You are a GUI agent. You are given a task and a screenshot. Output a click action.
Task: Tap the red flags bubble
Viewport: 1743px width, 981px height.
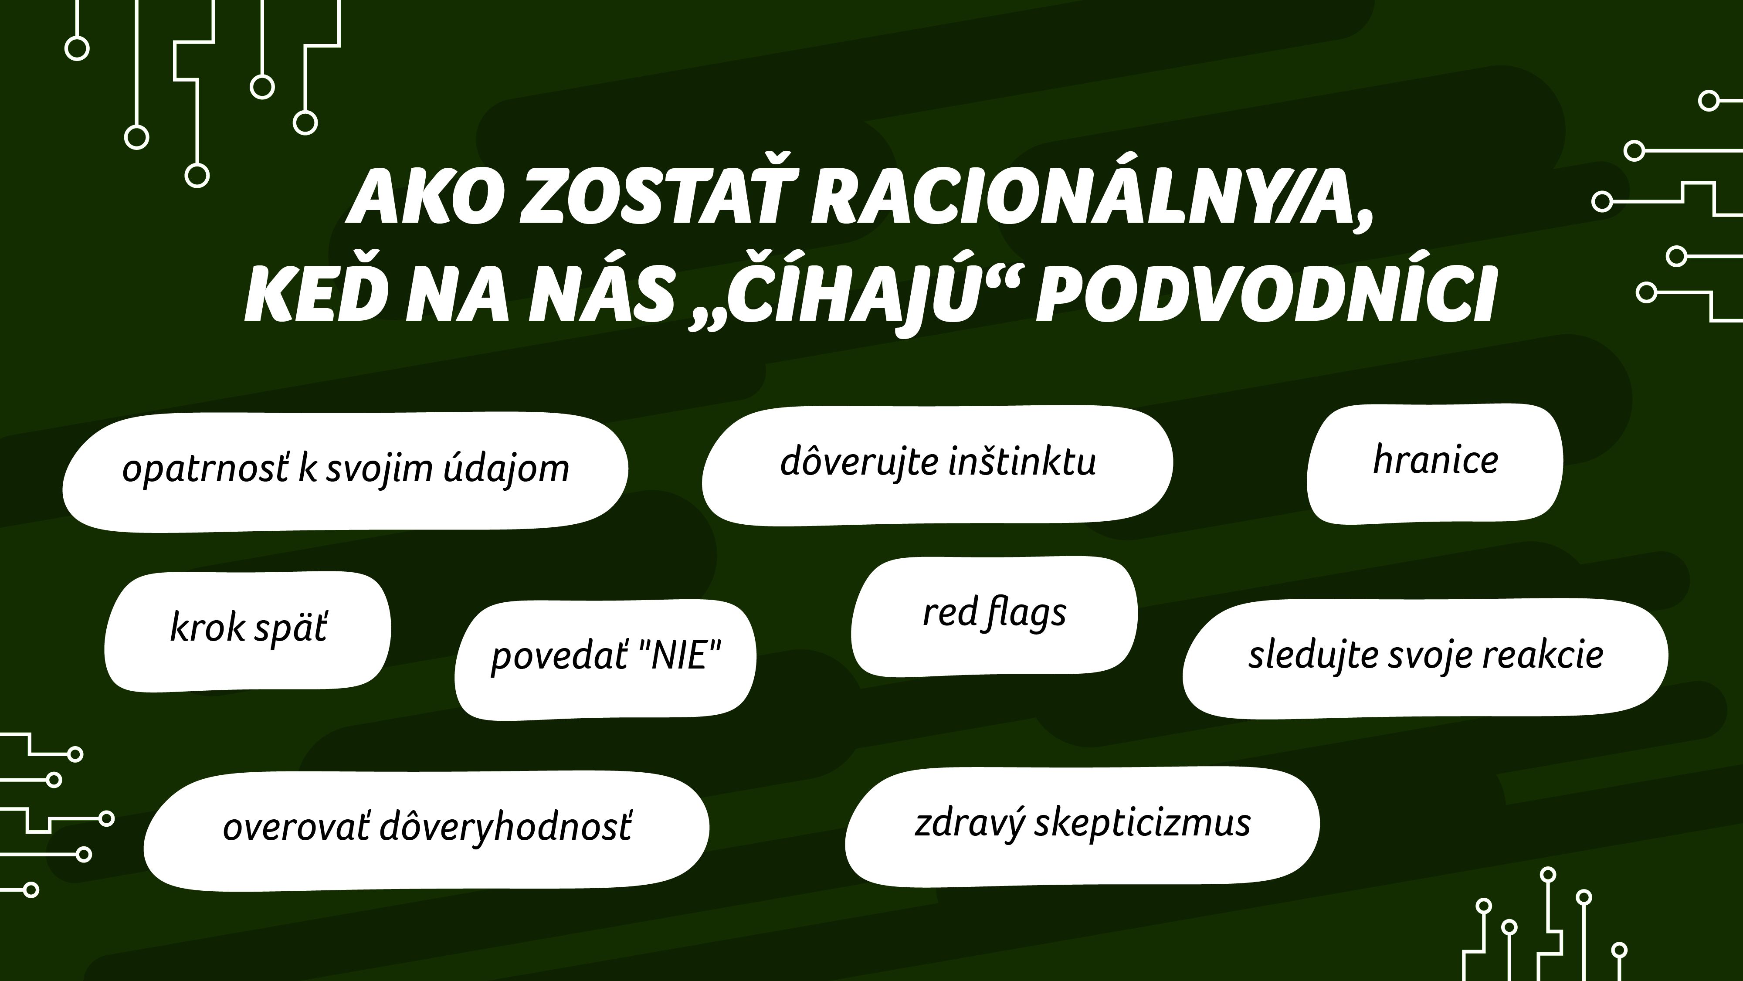click(994, 616)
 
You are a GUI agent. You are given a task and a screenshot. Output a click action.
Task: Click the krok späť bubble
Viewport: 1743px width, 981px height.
click(248, 632)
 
